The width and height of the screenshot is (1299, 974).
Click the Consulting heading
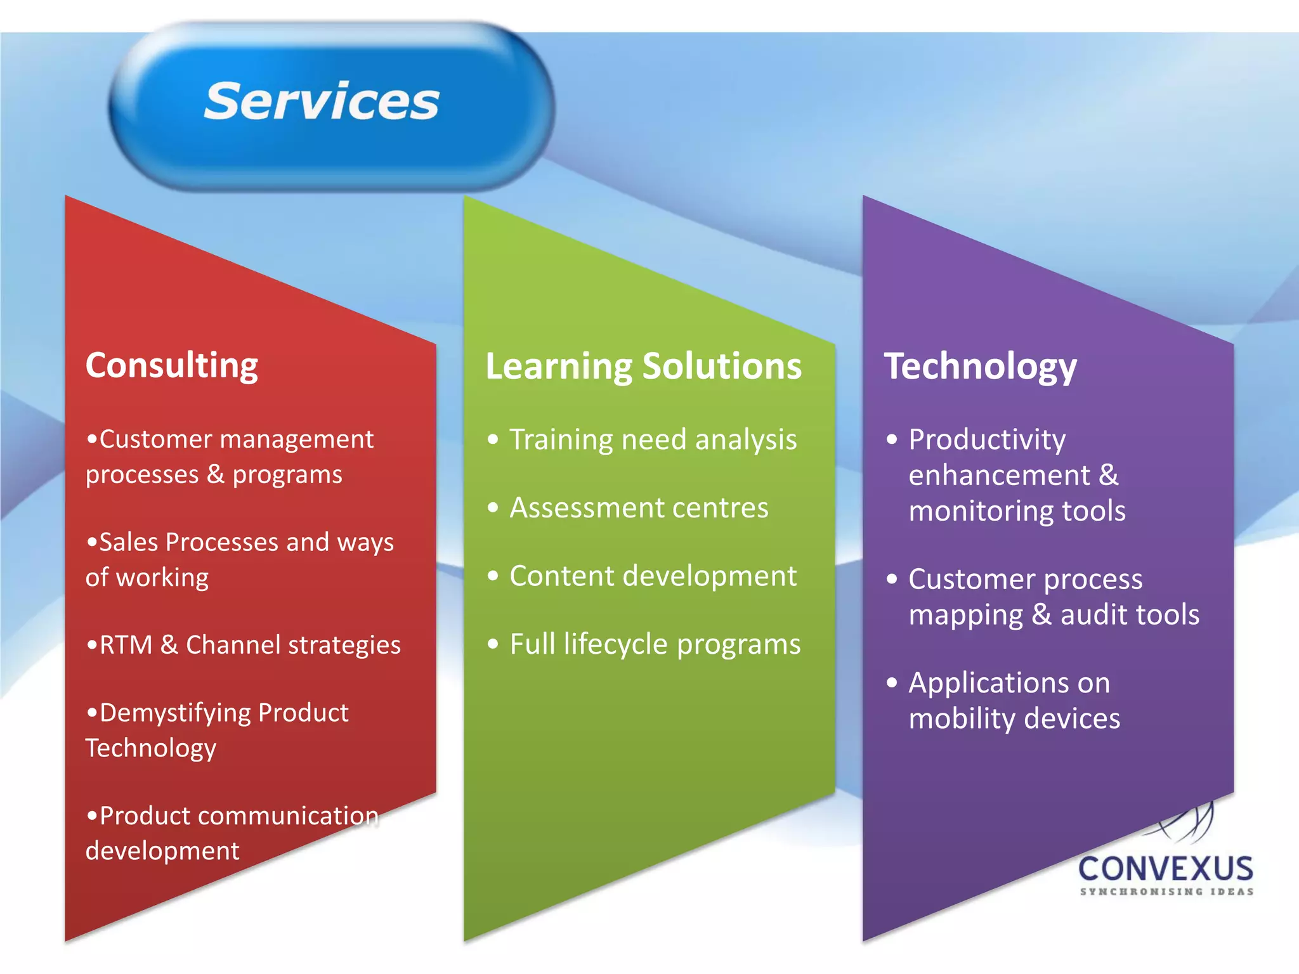(x=172, y=367)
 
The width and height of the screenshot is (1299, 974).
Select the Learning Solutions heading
(x=643, y=367)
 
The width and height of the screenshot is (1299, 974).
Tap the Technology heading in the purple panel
(x=980, y=367)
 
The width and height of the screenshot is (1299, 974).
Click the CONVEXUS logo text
(x=1166, y=869)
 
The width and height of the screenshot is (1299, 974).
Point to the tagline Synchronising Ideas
(x=1166, y=892)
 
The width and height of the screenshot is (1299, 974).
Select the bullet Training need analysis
(x=653, y=439)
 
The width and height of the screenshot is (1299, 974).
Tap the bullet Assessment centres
(x=639, y=508)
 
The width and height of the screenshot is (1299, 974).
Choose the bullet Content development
(x=653, y=576)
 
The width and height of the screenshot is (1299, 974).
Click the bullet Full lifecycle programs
(x=655, y=644)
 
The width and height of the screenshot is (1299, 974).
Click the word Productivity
(x=987, y=439)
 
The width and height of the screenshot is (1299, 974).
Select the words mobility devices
(x=1014, y=718)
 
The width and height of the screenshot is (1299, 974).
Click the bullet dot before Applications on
(x=892, y=683)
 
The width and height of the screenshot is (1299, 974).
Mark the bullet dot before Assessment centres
(x=493, y=507)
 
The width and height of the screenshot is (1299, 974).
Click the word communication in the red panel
(x=288, y=815)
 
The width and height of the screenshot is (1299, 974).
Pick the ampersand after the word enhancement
(x=1109, y=475)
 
